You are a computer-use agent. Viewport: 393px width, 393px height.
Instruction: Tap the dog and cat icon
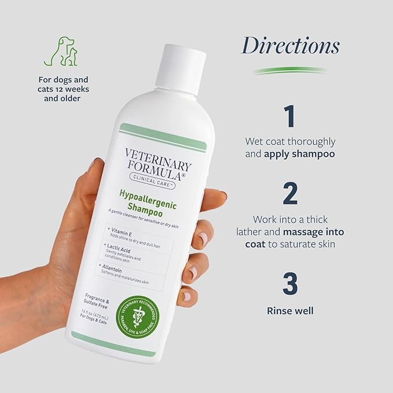click(x=61, y=52)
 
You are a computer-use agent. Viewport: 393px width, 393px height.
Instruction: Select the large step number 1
click(x=290, y=115)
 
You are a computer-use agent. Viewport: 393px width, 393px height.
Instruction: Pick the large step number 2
click(x=290, y=194)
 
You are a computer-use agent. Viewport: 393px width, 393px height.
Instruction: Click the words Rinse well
click(x=290, y=311)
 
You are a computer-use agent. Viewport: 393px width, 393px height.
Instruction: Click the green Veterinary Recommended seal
click(x=141, y=317)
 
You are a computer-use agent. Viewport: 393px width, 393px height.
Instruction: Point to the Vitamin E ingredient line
click(x=125, y=232)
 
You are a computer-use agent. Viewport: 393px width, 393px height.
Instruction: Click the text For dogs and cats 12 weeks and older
click(x=61, y=87)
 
